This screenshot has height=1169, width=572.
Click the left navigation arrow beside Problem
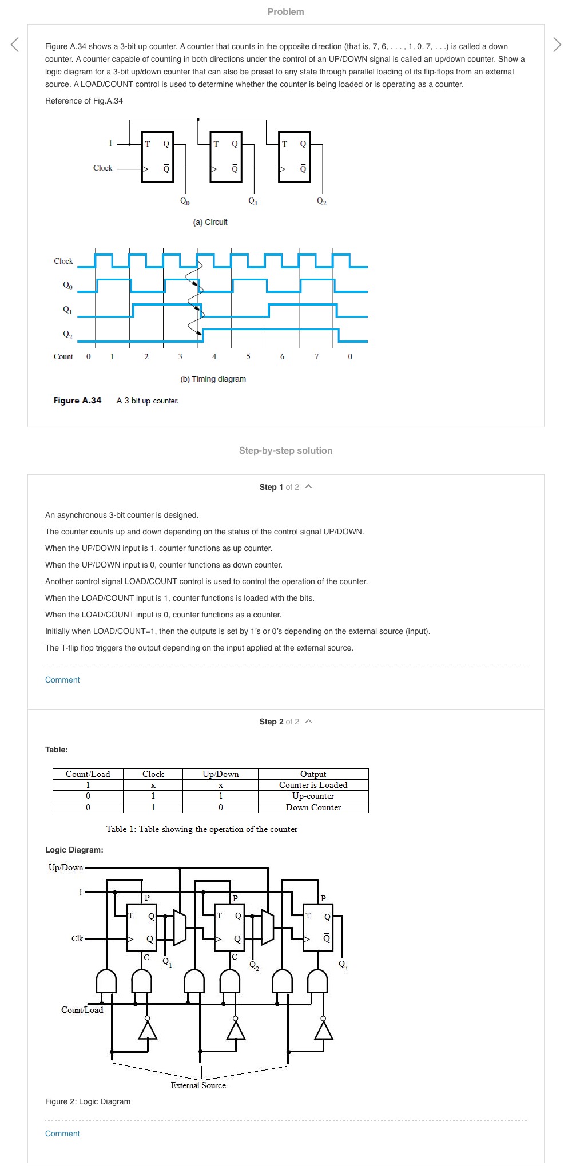[15, 44]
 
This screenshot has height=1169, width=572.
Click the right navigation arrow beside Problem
[557, 44]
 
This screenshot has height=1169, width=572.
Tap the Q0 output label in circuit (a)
[185, 201]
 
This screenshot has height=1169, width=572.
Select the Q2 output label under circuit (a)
[321, 201]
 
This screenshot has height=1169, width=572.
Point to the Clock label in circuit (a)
[103, 168]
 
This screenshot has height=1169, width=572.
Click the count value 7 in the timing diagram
[316, 356]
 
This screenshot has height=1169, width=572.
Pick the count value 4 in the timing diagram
[214, 356]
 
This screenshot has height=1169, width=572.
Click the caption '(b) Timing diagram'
[213, 379]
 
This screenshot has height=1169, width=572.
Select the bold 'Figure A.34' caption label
[77, 401]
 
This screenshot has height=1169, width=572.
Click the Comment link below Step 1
[62, 680]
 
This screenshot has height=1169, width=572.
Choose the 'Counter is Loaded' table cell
[313, 785]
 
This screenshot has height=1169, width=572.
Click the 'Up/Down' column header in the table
[220, 774]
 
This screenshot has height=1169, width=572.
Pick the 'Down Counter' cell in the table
[313, 807]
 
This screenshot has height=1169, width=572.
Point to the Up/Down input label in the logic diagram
[66, 867]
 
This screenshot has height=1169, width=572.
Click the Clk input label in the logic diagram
[77, 938]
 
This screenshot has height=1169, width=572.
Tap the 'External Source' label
[198, 1085]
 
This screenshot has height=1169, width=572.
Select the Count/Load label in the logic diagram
[82, 1010]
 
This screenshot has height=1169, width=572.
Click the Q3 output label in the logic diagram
[343, 965]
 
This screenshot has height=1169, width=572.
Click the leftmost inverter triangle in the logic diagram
[148, 1031]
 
